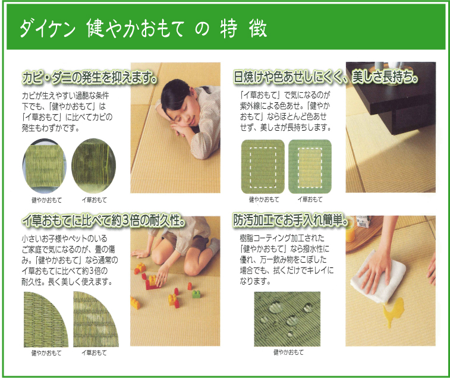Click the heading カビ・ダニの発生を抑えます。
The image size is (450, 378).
coord(90,77)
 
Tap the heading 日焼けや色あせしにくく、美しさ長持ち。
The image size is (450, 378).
coord(326,77)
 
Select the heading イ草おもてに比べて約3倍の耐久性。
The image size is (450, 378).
coord(103,220)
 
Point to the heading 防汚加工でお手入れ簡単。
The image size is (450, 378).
coord(291,220)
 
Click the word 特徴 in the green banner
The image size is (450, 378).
coord(244,29)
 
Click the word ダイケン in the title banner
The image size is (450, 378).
coord(48,29)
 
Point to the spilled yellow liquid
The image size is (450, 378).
coord(392,311)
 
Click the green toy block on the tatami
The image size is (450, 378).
coord(196,294)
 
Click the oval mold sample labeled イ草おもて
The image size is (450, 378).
coord(93,166)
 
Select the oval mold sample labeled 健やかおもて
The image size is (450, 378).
coord(45,166)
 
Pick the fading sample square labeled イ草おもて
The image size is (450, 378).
coord(310,166)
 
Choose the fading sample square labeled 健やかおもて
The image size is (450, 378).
coord(263,166)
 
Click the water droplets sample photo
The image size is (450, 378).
coord(287,319)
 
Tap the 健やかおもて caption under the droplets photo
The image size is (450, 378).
coord(288,352)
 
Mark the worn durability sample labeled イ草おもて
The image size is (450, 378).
coord(96,319)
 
